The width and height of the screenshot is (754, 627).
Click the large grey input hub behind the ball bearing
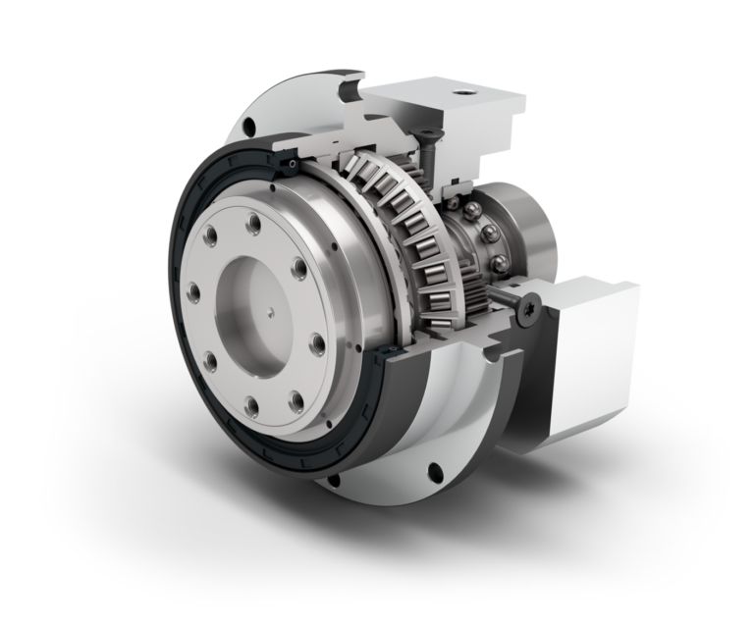tap(530, 231)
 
